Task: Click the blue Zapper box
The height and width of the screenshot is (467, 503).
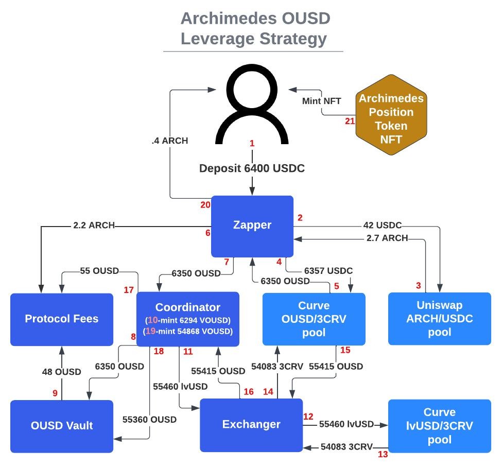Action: pyautogui.click(x=252, y=226)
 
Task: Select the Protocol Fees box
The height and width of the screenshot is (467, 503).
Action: pyautogui.click(x=62, y=319)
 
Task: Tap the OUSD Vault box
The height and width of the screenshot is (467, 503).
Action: pyautogui.click(x=62, y=426)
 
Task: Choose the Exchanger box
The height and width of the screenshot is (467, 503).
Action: pyautogui.click(x=251, y=425)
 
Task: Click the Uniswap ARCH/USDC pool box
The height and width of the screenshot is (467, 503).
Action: pyautogui.click(x=440, y=318)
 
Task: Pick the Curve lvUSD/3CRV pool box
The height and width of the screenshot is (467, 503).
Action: pyautogui.click(x=440, y=426)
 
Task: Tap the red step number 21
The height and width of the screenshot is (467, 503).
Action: pyautogui.click(x=350, y=121)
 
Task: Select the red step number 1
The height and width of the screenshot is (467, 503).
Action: pyautogui.click(x=252, y=144)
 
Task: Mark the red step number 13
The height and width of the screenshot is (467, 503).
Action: pyautogui.click(x=383, y=455)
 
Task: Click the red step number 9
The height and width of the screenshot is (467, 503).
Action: pyautogui.click(x=55, y=393)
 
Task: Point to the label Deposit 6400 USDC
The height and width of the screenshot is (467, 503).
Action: pyautogui.click(x=252, y=168)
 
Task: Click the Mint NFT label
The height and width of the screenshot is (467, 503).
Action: pyautogui.click(x=321, y=101)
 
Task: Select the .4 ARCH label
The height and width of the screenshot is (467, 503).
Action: pyautogui.click(x=170, y=141)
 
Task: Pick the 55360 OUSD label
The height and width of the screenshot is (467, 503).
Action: pyautogui.click(x=149, y=420)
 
